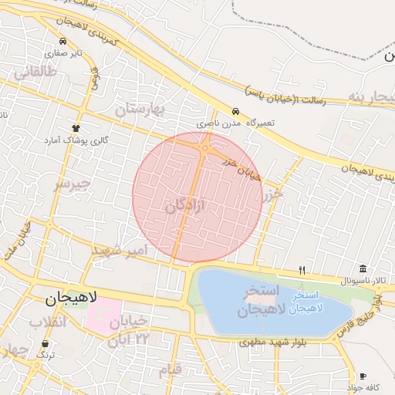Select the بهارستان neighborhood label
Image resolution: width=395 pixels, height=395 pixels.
click(140, 110)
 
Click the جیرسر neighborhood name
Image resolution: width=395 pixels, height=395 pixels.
click(72, 184)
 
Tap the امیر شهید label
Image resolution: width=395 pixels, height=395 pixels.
click(118, 251)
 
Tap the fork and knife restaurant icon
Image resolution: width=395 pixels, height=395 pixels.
click(302, 270)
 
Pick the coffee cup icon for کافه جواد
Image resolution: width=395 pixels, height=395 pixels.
click(363, 376)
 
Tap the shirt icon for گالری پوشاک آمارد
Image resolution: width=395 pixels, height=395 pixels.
click(76, 128)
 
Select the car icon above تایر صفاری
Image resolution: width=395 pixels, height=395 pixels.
click(62, 42)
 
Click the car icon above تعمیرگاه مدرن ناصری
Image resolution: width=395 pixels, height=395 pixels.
click(235, 111)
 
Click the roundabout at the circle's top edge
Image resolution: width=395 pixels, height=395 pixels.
click(206, 147)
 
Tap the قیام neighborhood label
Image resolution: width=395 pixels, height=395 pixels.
click(170, 370)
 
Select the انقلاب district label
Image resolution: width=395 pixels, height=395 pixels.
click(46, 321)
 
